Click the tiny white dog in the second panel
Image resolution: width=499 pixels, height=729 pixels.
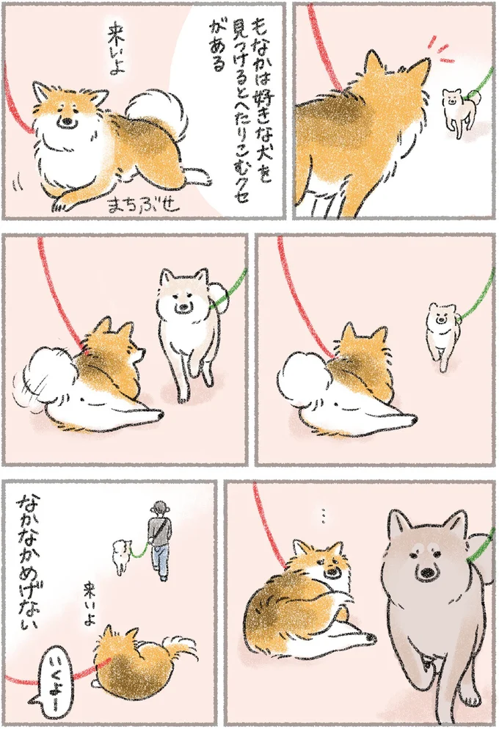click(455, 110)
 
